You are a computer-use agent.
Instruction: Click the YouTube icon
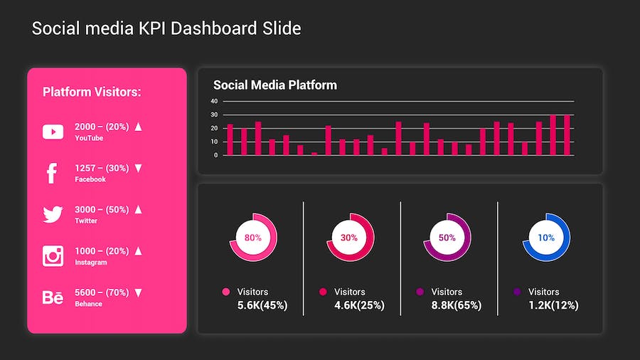click(x=53, y=132)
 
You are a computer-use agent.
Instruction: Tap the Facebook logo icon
click(x=52, y=173)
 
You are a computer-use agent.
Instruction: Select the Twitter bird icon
click(x=53, y=214)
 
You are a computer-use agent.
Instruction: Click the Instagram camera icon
click(x=53, y=255)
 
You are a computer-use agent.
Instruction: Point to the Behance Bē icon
click(x=53, y=297)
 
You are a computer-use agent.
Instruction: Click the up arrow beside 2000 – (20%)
click(x=139, y=127)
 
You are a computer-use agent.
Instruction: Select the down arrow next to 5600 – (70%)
click(x=139, y=292)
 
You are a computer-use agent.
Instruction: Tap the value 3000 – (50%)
click(x=102, y=210)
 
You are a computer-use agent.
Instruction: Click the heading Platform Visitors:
click(x=92, y=92)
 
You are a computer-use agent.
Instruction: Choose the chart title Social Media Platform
click(x=275, y=85)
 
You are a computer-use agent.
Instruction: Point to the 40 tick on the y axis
click(x=215, y=101)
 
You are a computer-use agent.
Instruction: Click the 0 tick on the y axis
click(x=216, y=155)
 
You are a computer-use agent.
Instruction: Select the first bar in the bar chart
click(x=230, y=139)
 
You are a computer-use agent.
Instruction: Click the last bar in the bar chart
click(x=567, y=135)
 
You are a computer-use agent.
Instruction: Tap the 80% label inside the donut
click(x=253, y=238)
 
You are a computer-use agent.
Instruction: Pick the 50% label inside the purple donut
click(x=447, y=238)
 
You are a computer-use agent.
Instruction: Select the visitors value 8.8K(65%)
click(x=457, y=305)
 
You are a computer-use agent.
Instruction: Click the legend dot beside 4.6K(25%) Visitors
click(x=323, y=292)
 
